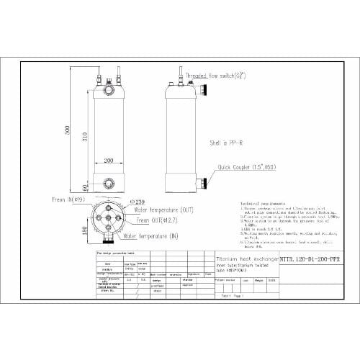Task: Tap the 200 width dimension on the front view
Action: tap(109, 161)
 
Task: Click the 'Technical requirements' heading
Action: tap(260, 204)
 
